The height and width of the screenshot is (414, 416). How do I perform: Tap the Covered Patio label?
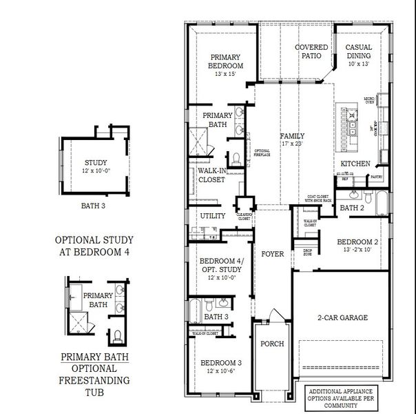coord(311,52)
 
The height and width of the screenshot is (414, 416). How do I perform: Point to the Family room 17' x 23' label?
coord(291,140)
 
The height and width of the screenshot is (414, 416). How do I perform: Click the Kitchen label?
coord(355,164)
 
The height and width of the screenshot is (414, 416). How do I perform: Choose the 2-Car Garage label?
coord(342,317)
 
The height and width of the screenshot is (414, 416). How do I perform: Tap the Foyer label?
coord(273,254)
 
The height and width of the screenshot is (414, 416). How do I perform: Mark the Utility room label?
coord(213,216)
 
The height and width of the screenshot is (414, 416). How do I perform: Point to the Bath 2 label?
coord(352,208)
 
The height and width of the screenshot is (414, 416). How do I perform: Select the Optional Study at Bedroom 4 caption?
coord(94,246)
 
